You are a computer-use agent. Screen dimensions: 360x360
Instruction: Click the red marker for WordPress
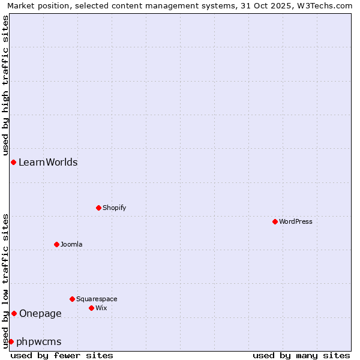point(275,221)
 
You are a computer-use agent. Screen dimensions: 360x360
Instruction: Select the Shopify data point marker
point(98,208)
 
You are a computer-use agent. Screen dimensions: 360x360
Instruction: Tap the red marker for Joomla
point(56,244)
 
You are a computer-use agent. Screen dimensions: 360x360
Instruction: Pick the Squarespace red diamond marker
point(72,299)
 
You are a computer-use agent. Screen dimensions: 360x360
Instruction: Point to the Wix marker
point(91,308)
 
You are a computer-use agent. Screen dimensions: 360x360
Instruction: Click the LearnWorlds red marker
point(13,162)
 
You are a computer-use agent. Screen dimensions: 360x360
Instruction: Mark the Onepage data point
point(14,313)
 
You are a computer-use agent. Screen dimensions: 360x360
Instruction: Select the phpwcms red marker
point(11,341)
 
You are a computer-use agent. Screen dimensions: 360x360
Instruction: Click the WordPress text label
point(296,221)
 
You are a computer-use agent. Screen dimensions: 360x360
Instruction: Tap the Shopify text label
point(115,208)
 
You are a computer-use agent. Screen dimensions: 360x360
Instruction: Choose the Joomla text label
point(71,244)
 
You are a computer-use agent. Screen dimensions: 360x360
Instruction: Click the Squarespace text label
point(97,299)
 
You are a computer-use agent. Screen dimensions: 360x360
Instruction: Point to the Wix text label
point(101,308)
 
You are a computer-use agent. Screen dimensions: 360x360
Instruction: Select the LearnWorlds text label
point(48,162)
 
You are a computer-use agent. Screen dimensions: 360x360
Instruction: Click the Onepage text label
point(40,313)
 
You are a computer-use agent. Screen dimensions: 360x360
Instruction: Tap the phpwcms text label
point(39,341)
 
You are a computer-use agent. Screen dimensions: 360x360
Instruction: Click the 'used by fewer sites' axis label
point(62,355)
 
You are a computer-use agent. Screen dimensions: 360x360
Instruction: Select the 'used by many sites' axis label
point(301,355)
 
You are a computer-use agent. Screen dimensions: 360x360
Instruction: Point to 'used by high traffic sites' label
point(5,85)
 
